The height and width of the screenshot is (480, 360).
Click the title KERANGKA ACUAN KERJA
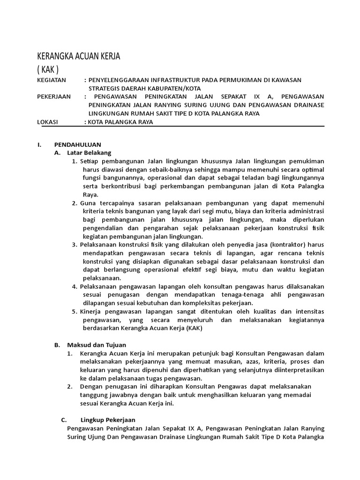pyautogui.click(x=79, y=56)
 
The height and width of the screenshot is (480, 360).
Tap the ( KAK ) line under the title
pyautogui.click(x=48, y=70)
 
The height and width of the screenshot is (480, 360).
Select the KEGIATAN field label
pyautogui.click(x=52, y=81)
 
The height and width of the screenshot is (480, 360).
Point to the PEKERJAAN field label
pyautogui.click(x=54, y=97)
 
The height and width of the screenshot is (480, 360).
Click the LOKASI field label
pyautogui.click(x=47, y=122)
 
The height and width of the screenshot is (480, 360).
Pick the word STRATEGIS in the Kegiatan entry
pyautogui.click(x=105, y=89)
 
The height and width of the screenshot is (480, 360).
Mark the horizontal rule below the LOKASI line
pyautogui.click(x=180, y=126)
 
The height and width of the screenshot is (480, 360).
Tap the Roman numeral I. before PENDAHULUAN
pyautogui.click(x=39, y=144)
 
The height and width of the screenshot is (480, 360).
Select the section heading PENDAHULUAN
pyautogui.click(x=77, y=144)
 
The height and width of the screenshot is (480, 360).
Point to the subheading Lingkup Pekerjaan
pyautogui.click(x=108, y=420)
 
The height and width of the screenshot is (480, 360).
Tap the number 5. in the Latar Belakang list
pyautogui.click(x=75, y=312)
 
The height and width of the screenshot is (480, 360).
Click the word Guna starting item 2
pyautogui.click(x=88, y=203)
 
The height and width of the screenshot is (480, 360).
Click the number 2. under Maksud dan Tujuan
pyautogui.click(x=69, y=386)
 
